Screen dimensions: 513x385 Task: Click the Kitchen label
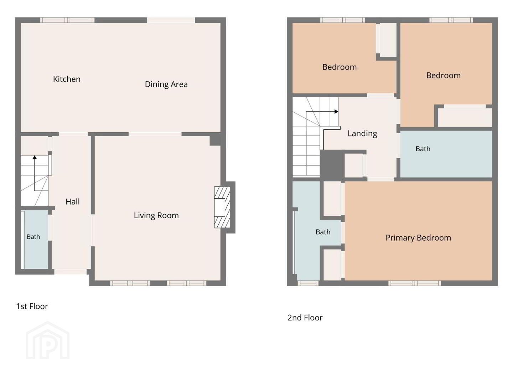(x=67, y=79)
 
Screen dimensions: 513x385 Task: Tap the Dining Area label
(x=166, y=84)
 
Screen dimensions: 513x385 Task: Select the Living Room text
(x=156, y=215)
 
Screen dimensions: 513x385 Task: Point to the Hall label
(x=72, y=201)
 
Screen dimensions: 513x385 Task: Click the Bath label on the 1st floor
(x=33, y=237)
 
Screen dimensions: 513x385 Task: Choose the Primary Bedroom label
(x=418, y=238)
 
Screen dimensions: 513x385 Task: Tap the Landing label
(x=362, y=133)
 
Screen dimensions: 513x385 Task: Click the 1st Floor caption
(x=32, y=306)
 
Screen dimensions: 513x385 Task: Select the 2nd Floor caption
(x=305, y=318)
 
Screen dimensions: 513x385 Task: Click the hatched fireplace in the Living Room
(x=222, y=207)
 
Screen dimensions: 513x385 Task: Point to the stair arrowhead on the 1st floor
(x=35, y=157)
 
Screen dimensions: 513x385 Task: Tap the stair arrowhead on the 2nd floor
(x=336, y=112)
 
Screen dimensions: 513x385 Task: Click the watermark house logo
(x=48, y=340)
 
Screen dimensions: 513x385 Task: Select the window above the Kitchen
(x=67, y=20)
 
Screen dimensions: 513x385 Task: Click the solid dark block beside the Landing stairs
(x=332, y=165)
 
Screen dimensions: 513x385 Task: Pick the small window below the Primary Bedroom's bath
(x=308, y=283)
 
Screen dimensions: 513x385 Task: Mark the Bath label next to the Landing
(x=423, y=149)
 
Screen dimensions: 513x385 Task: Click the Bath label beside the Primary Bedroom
(x=323, y=232)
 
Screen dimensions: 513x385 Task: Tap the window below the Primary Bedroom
(x=415, y=283)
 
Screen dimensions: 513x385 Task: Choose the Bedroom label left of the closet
(x=340, y=67)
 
